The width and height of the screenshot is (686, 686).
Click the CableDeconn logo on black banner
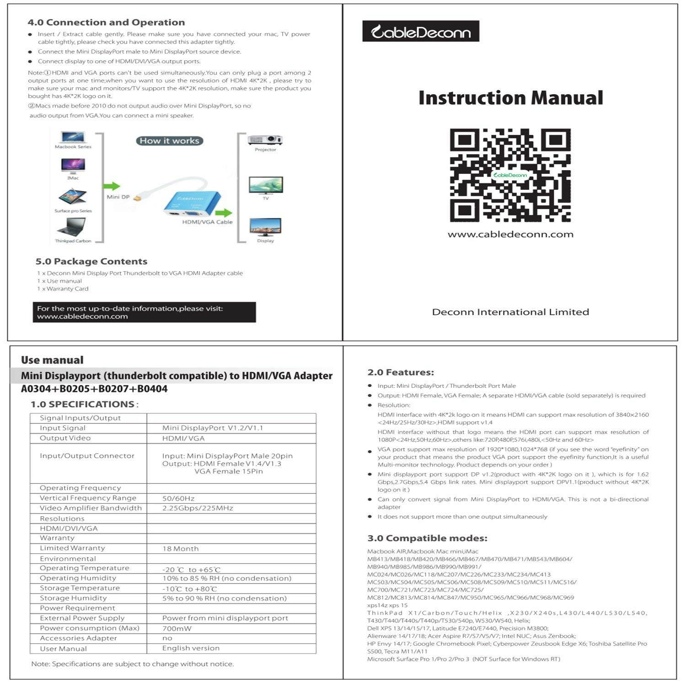pyautogui.click(x=420, y=32)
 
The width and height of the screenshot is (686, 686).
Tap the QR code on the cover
pyautogui.click(x=510, y=175)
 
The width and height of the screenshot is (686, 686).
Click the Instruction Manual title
pyautogui.click(x=510, y=98)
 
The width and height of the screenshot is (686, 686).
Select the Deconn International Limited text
pyautogui.click(x=510, y=312)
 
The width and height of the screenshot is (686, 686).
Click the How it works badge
pyautogui.click(x=169, y=141)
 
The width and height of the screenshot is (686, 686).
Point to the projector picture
pyautogui.click(x=265, y=139)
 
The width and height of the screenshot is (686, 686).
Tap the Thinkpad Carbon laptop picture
pyautogui.click(x=72, y=227)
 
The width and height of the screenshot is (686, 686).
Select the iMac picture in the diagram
pyautogui.click(x=73, y=166)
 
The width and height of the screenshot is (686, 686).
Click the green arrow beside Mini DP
pyautogui.click(x=111, y=186)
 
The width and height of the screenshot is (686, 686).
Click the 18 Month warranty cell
pyautogui.click(x=180, y=548)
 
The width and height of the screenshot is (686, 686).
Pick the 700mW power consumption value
pyautogui.click(x=177, y=628)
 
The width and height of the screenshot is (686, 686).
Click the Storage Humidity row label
pyautogui.click(x=73, y=598)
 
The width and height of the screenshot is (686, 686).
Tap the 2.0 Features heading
pyautogui.click(x=401, y=372)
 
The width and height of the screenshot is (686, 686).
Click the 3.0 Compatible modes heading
pyautogui.click(x=427, y=538)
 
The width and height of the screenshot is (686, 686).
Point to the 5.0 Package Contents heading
pyautogui.click(x=91, y=262)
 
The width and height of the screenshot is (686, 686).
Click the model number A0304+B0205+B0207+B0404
pyautogui.click(x=94, y=389)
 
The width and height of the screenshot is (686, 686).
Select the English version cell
pyautogui.click(x=191, y=648)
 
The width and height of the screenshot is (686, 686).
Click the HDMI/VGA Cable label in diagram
pyautogui.click(x=207, y=222)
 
